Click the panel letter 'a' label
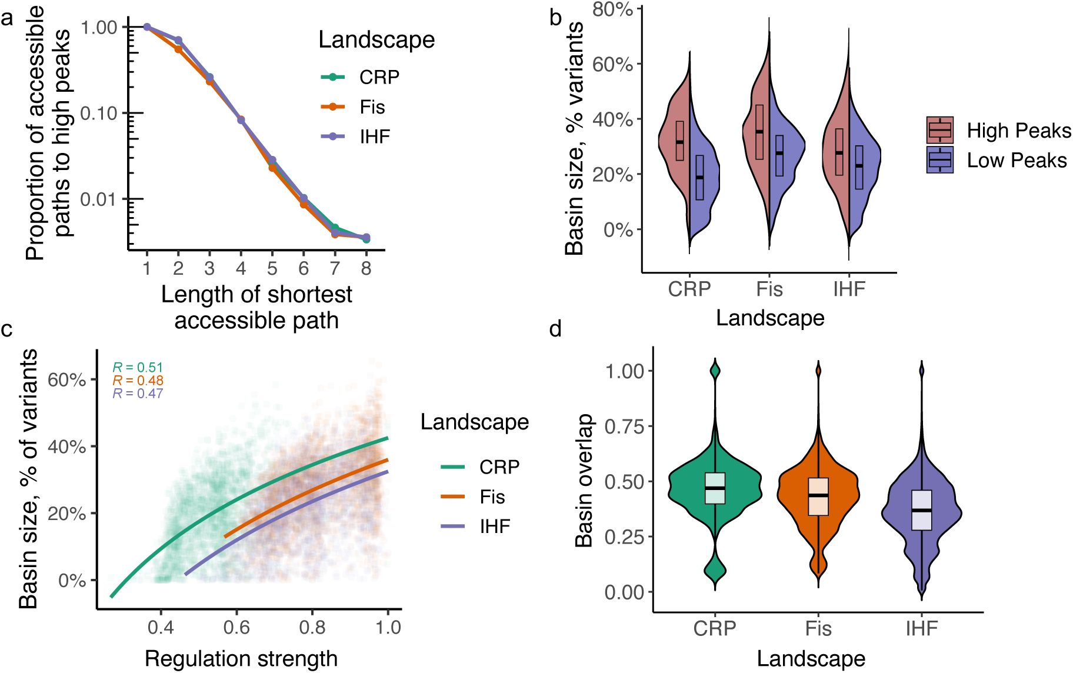[6, 18]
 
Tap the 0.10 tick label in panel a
[99, 113]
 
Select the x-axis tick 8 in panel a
[366, 269]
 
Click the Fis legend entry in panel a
[372, 107]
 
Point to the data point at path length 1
[147, 27]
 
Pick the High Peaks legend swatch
[939, 130]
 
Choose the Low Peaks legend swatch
[939, 160]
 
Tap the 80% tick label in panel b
[612, 9]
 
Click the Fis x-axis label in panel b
[769, 289]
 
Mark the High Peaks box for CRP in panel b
[680, 141]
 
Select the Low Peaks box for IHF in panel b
[859, 167]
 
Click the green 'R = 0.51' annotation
[138, 368]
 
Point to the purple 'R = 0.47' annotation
[138, 394]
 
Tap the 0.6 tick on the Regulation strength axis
[236, 627]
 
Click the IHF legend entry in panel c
[495, 527]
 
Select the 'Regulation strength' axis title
[241, 659]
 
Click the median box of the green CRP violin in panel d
[715, 488]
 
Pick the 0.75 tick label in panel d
[625, 426]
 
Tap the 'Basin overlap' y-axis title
[584, 480]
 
